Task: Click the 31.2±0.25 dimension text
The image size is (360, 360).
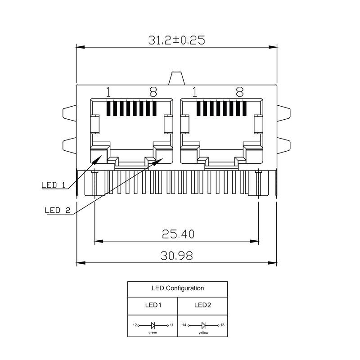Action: pos(176,40)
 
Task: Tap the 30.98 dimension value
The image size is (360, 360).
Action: pos(176,256)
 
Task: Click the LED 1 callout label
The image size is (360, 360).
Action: pos(54,185)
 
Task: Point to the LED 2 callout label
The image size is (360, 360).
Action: pos(58,210)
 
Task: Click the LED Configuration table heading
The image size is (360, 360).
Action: pos(178,288)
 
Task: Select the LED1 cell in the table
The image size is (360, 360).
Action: pos(153,305)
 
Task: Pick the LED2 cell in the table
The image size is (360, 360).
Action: pos(202,305)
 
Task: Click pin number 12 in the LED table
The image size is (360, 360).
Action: pos(134,325)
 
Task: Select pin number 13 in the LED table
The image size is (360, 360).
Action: pos(222,325)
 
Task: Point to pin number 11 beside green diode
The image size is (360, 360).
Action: pos(172,325)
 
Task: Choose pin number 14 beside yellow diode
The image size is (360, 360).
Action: pos(184,325)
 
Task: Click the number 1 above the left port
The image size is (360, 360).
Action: pos(108,92)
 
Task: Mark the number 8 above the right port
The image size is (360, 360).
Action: pos(239,92)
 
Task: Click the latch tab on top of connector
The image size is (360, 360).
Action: pos(177,78)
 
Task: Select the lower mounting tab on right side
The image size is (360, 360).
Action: pos(284,145)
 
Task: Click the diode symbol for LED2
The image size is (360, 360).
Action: pos(203,325)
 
